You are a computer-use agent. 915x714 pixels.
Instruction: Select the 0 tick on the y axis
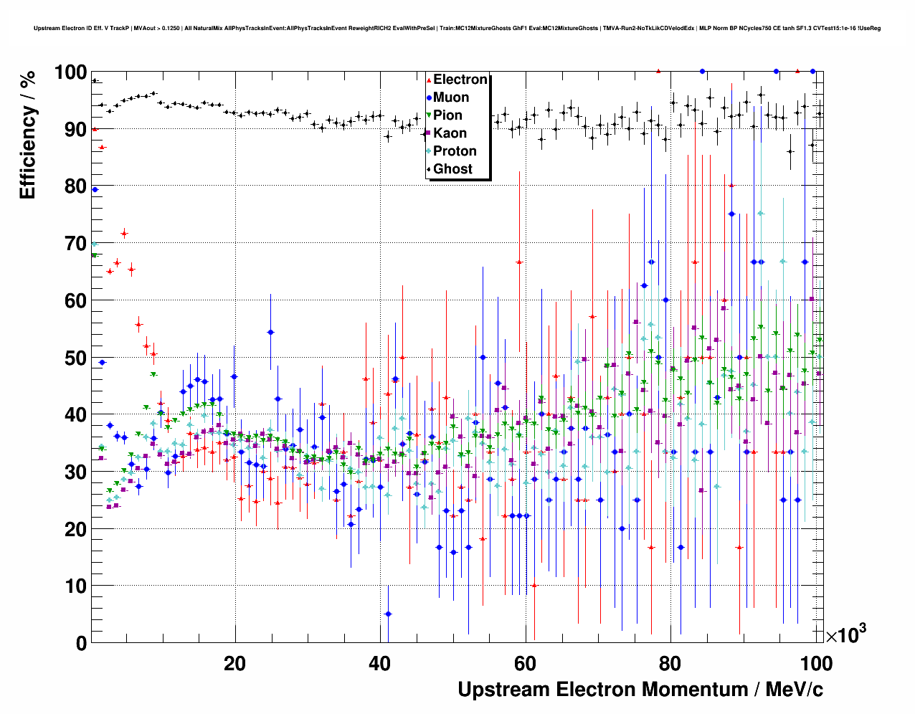[x=80, y=643]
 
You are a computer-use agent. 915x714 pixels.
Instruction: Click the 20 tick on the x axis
[x=234, y=664]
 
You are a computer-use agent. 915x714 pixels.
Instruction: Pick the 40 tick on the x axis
[x=380, y=664]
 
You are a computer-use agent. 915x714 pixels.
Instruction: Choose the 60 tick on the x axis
[x=526, y=664]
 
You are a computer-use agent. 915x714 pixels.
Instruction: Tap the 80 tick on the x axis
[x=670, y=664]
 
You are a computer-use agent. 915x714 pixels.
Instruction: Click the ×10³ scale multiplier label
[x=845, y=635]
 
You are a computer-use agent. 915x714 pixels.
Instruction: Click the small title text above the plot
[x=457, y=28]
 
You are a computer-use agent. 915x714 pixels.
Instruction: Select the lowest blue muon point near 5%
[x=388, y=614]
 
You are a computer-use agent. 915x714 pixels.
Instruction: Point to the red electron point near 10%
[x=534, y=586]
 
